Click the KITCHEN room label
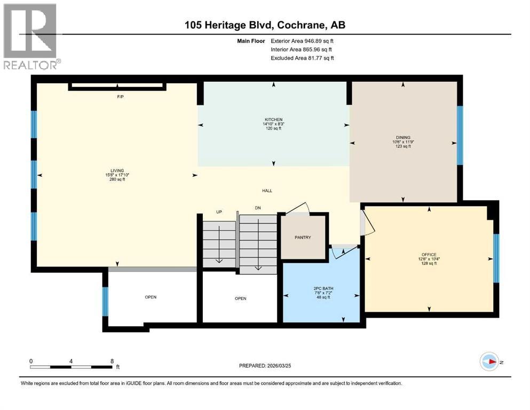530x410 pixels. click(273, 119)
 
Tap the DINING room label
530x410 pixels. click(403, 138)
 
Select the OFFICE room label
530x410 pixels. click(429, 255)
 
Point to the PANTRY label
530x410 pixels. click(303, 237)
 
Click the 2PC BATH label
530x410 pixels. click(323, 289)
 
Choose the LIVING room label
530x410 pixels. click(117, 171)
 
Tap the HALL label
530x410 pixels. click(267, 191)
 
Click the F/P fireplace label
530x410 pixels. click(120, 97)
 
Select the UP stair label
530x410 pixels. click(219, 212)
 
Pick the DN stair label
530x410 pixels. click(258, 208)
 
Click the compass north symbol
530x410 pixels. click(489, 361)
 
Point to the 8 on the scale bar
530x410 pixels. click(112, 361)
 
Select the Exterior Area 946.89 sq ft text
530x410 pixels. click(302, 41)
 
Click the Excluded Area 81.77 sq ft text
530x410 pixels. click(302, 58)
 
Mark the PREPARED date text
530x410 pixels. click(265, 366)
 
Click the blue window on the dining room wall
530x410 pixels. click(460, 135)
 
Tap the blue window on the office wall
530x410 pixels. click(496, 258)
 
